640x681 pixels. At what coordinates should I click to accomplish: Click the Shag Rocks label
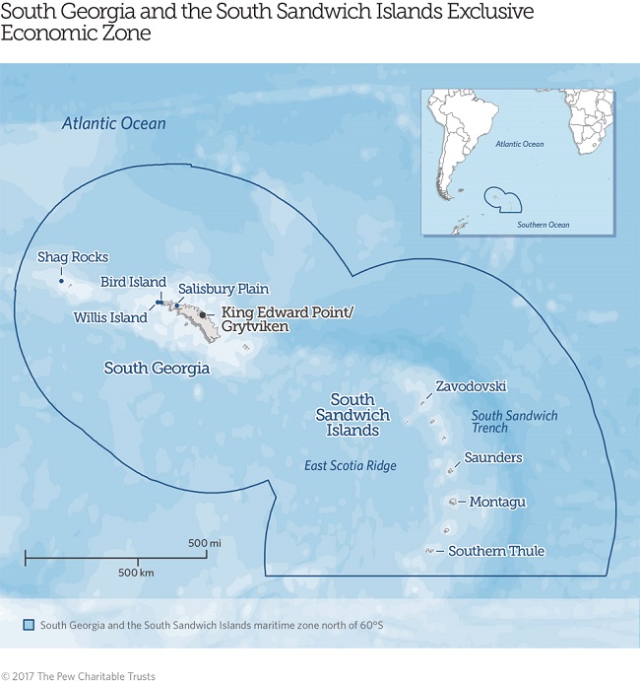tap(72, 257)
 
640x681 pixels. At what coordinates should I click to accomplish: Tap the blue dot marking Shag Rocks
tap(61, 282)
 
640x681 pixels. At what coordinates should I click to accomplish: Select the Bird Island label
tap(133, 282)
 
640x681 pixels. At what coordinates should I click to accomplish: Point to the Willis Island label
tap(110, 317)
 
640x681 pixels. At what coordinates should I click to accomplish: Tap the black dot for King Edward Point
tap(203, 315)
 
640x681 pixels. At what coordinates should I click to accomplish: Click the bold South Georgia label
tap(157, 369)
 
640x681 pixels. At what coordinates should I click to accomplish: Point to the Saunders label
tap(494, 457)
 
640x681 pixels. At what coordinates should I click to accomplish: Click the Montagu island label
tap(497, 502)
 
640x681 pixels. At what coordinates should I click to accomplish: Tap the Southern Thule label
tap(496, 551)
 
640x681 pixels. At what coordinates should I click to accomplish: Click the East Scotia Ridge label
tap(351, 466)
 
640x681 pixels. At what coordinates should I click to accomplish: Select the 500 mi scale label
tap(205, 543)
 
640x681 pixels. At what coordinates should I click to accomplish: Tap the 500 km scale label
tap(136, 573)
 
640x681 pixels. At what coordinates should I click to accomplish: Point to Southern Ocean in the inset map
tap(544, 225)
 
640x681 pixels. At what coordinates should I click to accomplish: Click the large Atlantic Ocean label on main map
tap(113, 124)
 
